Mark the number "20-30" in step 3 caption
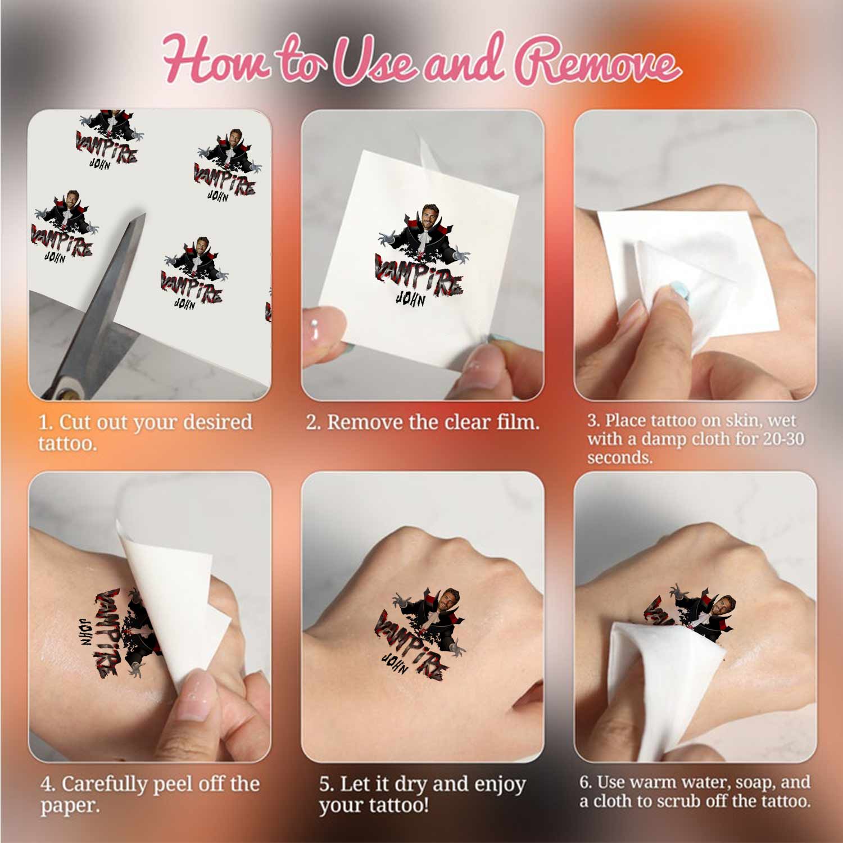783,438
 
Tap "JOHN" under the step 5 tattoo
397,665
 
